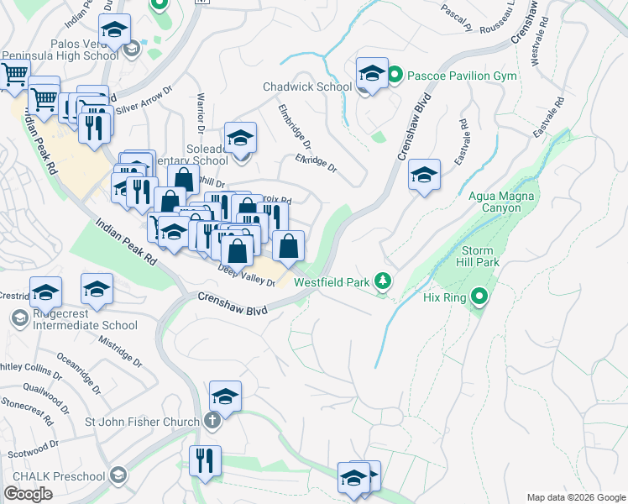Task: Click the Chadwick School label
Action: point(307,87)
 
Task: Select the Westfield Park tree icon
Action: point(383,281)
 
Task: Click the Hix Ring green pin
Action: point(479,297)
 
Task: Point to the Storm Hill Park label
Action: point(481,257)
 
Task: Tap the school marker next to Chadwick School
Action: point(371,75)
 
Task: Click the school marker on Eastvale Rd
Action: point(425,176)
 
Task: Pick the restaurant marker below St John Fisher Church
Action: point(205,460)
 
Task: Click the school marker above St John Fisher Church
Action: point(225,396)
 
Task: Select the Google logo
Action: point(28,494)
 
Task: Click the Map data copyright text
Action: point(575,496)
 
